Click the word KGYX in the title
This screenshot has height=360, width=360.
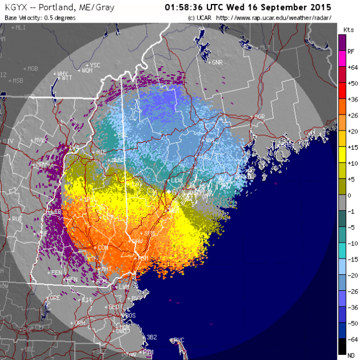17,8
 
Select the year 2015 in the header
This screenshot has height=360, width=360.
319,8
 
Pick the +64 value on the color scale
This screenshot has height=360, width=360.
350,67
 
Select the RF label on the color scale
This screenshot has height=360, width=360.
350,51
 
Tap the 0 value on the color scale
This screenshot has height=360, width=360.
350,196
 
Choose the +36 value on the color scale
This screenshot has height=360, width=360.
350,99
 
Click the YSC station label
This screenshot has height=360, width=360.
94,65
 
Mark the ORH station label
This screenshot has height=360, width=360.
79,323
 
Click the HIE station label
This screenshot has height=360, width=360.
101,151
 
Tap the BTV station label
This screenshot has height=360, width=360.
8,141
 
